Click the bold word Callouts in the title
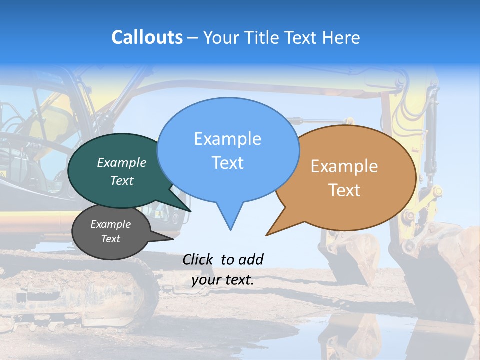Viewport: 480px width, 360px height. pos(147,37)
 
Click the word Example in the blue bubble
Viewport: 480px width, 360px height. pos(227,138)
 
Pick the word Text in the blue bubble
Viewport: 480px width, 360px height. pos(227,162)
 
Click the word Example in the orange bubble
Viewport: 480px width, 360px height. pos(344,166)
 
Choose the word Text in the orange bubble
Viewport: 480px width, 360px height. pos(344,190)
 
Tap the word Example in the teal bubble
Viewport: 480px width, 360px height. pos(122,162)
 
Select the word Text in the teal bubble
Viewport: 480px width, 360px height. pos(122,180)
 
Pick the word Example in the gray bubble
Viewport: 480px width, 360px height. pos(110,224)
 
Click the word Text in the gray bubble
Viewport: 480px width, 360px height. pos(110,239)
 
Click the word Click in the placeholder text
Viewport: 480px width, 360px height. pos(199,259)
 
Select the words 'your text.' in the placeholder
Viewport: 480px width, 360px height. pos(223,280)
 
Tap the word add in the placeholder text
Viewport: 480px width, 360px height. pos(250,259)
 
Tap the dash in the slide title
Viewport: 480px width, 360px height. pos(193,38)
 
